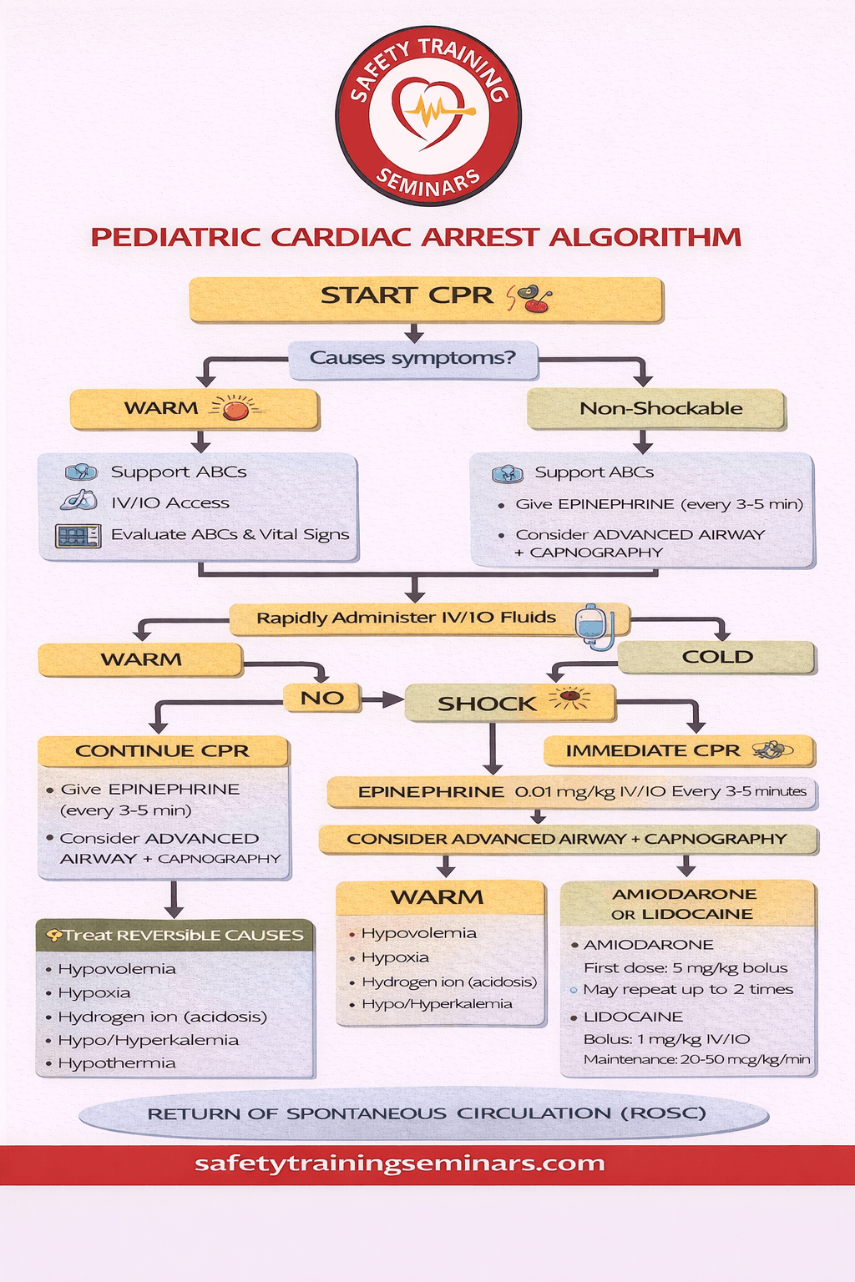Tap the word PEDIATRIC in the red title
176,237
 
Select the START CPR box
426,299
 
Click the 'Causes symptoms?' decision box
413,359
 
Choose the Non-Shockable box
656,409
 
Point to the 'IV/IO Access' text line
170,503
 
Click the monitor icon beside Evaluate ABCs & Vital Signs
78,536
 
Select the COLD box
716,658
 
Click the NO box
322,698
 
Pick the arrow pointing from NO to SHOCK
383,699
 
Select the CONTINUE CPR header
163,751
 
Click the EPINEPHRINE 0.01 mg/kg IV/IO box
571,792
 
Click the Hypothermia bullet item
117,1063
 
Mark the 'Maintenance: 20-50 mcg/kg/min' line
696,1060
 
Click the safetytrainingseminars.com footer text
400,1163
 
